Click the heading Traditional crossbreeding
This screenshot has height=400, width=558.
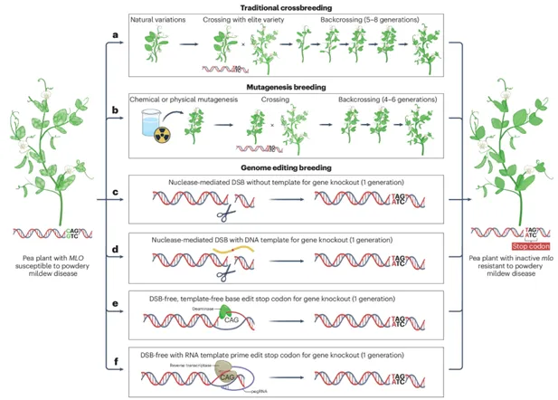pos(287,6)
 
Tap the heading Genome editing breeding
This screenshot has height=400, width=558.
pos(286,168)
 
